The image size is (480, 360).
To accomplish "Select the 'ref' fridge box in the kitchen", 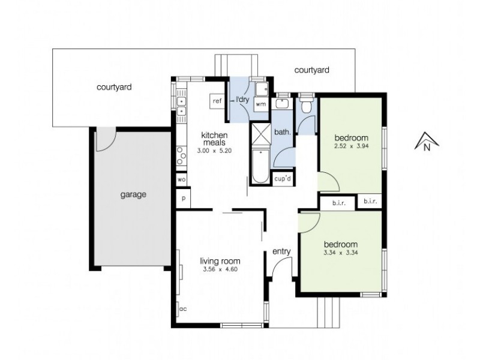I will (217, 101).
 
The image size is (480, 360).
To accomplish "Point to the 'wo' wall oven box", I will (181, 179).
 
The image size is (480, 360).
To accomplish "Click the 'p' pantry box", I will (181, 197).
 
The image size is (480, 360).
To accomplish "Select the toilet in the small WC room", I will (307, 107).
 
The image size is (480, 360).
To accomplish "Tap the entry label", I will (281, 251).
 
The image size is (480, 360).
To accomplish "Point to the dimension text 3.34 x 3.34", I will (341, 253).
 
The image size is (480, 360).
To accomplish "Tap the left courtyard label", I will (114, 87).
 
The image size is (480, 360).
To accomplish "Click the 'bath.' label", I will (283, 131).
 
